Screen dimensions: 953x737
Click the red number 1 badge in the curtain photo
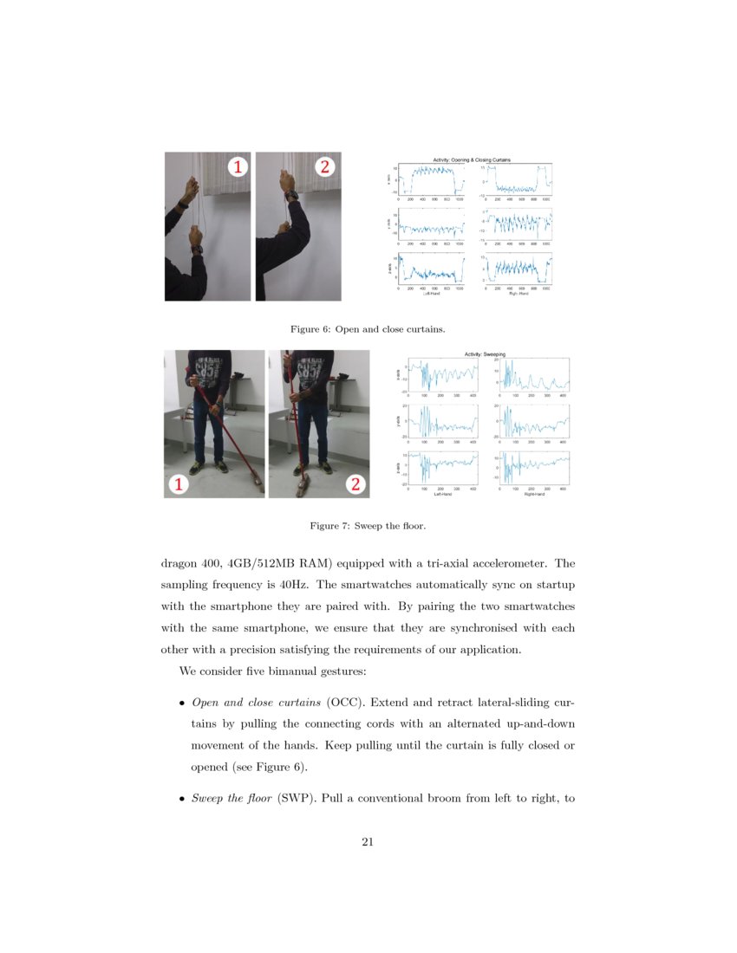pyautogui.click(x=237, y=167)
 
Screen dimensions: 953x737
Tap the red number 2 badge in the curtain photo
pyautogui.click(x=325, y=167)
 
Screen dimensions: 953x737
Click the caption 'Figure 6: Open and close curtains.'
pyautogui.click(x=368, y=328)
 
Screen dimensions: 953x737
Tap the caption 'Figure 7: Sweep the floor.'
pyautogui.click(x=368, y=525)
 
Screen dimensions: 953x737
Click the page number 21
pyautogui.click(x=368, y=840)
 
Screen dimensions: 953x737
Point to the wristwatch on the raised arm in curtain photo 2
pyautogui.click(x=291, y=195)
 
